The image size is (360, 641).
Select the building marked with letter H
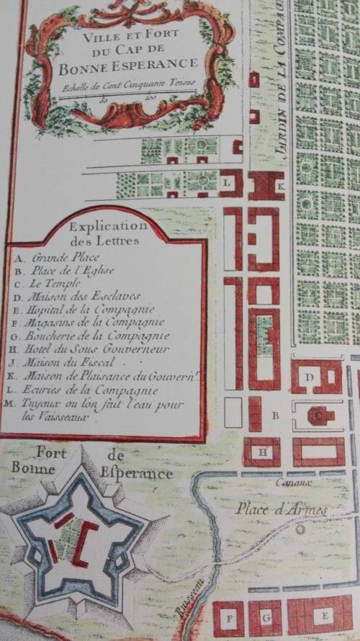pos(261,452)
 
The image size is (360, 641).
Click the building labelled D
pos(311,377)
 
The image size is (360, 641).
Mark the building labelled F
pos(229,618)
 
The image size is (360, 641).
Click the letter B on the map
pos(274,416)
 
